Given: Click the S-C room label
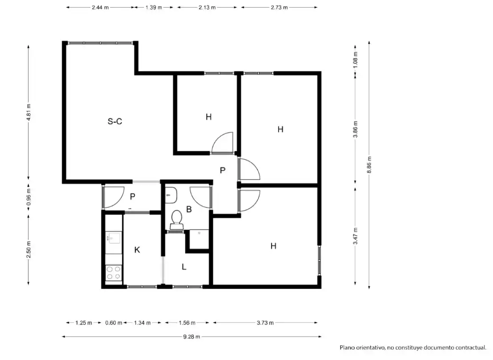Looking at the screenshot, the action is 115,121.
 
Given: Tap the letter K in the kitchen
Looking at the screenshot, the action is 137,250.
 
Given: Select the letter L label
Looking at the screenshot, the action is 184,267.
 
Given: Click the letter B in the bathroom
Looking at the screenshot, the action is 189,209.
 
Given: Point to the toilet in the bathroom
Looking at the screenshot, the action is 176,220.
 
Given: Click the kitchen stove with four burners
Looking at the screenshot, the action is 113,273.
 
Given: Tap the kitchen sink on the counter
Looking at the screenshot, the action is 113,238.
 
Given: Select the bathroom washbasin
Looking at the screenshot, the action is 171,195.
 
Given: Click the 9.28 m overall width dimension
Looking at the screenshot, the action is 192,337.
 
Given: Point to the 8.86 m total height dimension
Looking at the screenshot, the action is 369,164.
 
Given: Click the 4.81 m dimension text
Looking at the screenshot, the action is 28,112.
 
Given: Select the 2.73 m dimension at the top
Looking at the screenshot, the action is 279,7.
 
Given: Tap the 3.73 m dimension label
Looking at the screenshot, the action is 265,323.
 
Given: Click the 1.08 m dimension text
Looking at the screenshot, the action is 355,60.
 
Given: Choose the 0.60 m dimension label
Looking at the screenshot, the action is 113,323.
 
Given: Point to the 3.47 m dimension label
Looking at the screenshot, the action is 355,236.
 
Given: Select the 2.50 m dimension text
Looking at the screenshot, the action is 28,250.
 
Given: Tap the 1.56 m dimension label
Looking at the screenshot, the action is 187,323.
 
